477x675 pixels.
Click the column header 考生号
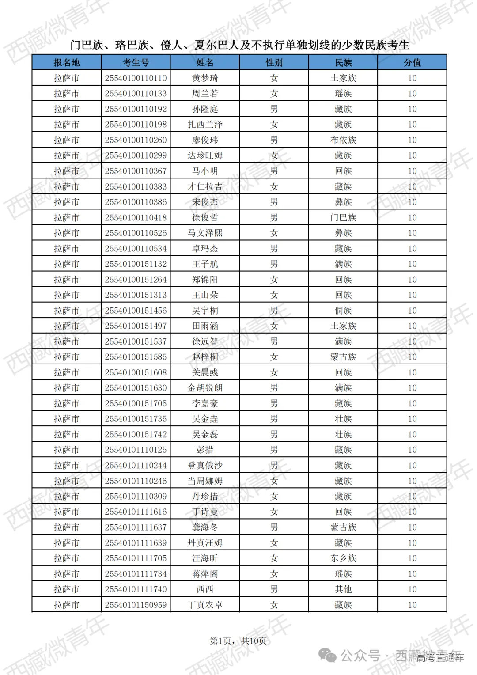136,63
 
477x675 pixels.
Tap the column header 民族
343,63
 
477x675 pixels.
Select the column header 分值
412,63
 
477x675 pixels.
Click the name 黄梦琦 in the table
205,78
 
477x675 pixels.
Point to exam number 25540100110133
136,94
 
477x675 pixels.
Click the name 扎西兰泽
205,125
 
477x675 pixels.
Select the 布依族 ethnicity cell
343,140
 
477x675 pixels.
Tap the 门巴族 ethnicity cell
343,218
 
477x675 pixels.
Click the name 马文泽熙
205,233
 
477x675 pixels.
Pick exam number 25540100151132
136,264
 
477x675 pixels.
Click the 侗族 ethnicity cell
343,311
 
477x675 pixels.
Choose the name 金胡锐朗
205,388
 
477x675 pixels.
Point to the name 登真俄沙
205,465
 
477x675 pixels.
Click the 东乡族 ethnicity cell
343,558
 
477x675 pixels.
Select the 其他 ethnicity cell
343,589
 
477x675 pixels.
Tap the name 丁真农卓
205,605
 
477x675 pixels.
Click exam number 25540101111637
136,527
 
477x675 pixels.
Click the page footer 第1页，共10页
238,641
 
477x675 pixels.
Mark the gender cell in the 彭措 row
274,450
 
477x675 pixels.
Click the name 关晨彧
205,372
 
